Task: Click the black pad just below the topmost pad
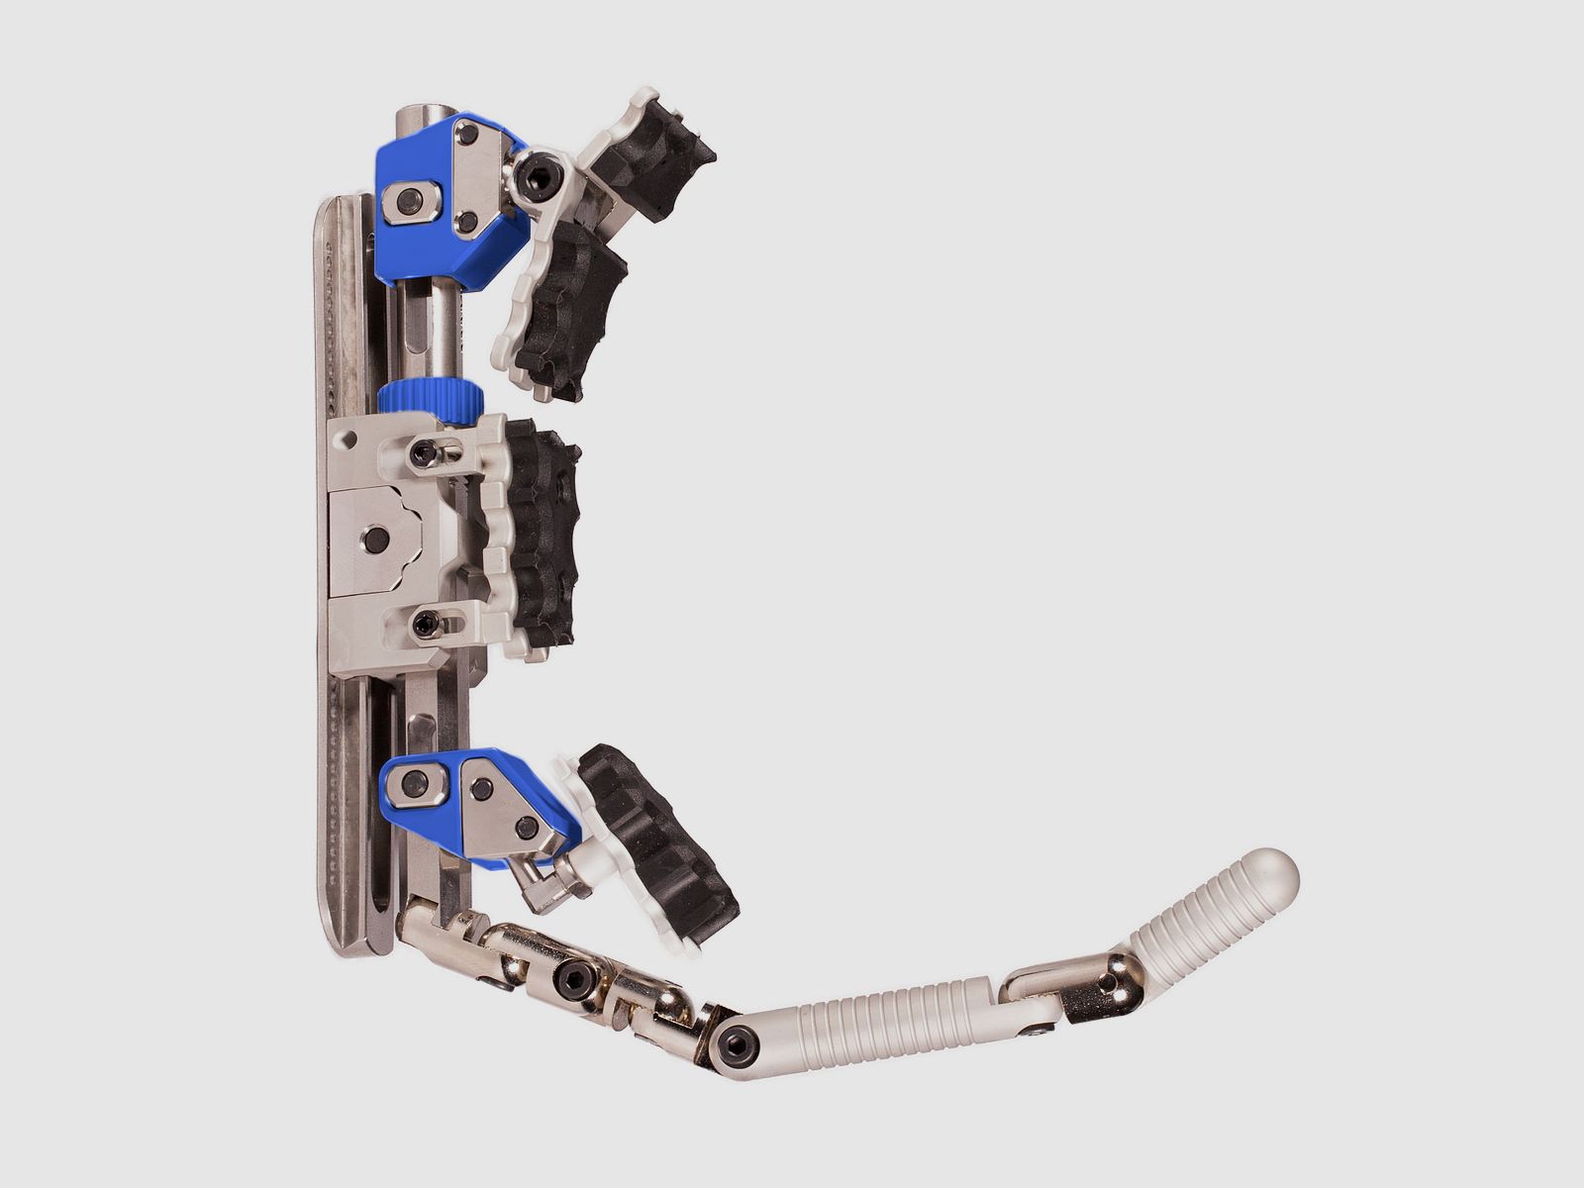(570, 308)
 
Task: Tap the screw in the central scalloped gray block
(375, 540)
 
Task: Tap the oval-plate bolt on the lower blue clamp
(414, 785)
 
